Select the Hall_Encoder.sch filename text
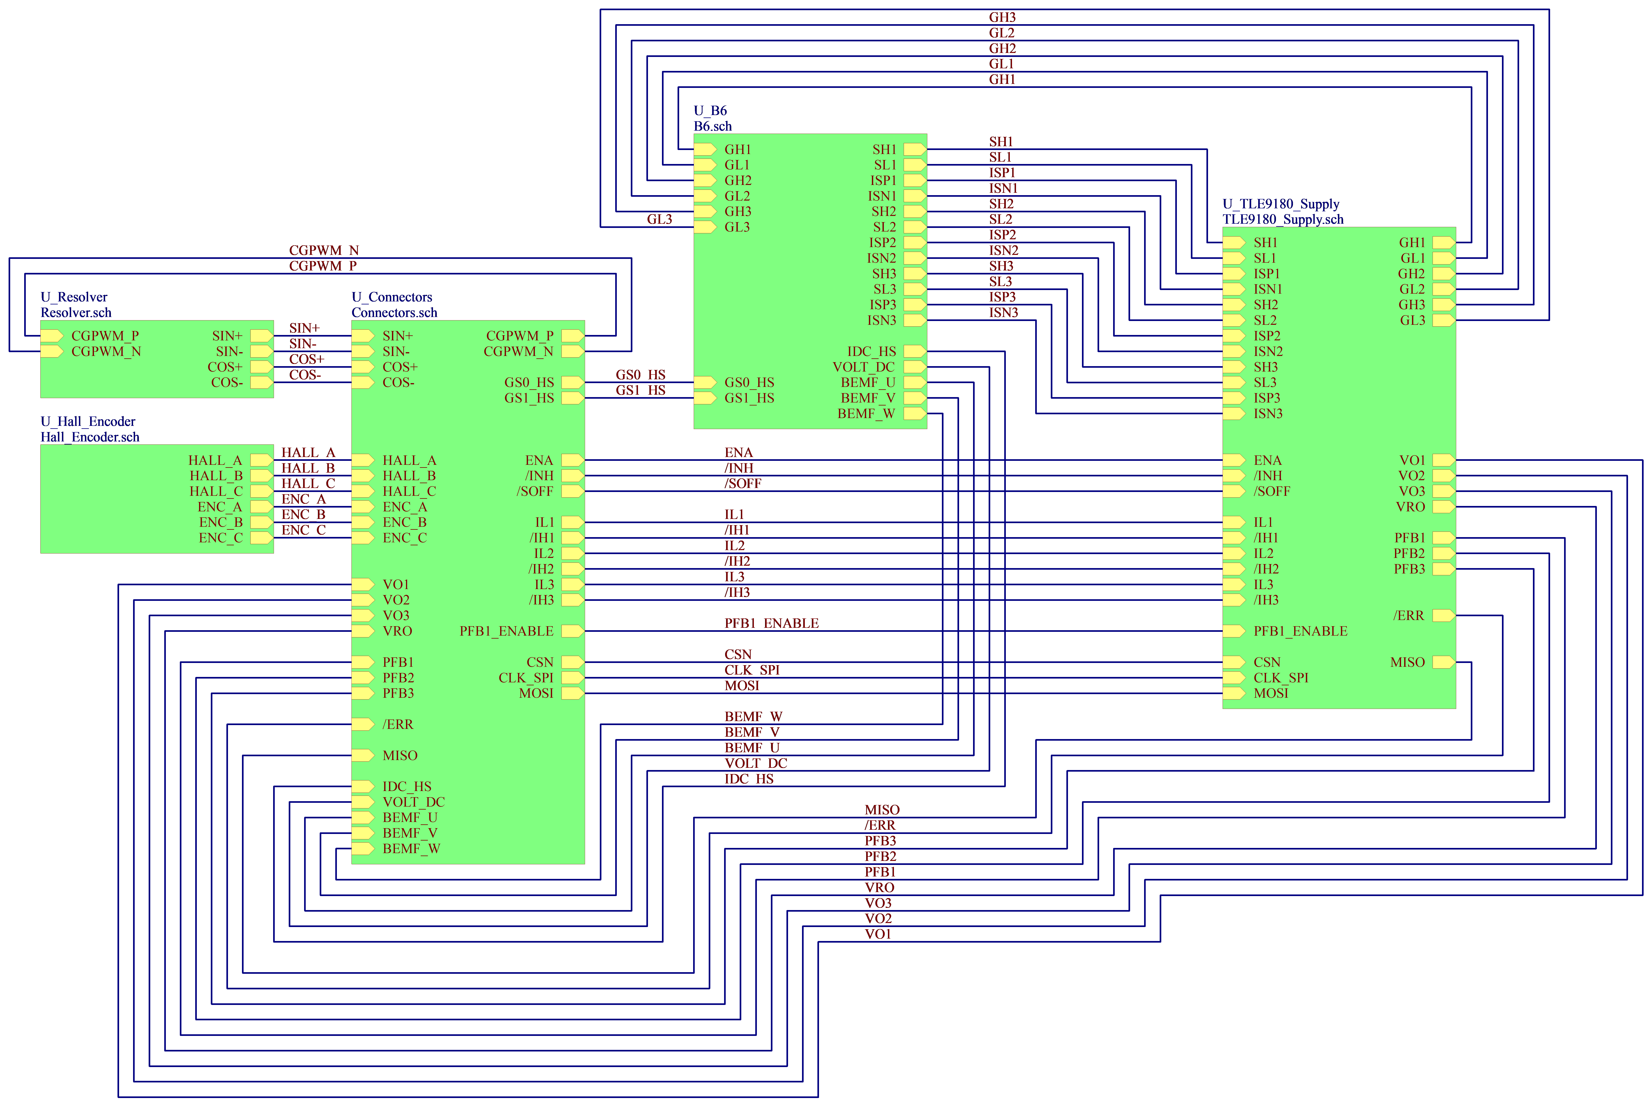[90, 437]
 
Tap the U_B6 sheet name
[710, 110]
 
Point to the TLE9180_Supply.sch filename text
[1283, 220]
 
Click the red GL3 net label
[659, 220]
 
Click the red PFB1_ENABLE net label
[772, 623]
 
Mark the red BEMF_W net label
[753, 716]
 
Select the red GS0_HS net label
[640, 375]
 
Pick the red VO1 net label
[878, 934]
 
